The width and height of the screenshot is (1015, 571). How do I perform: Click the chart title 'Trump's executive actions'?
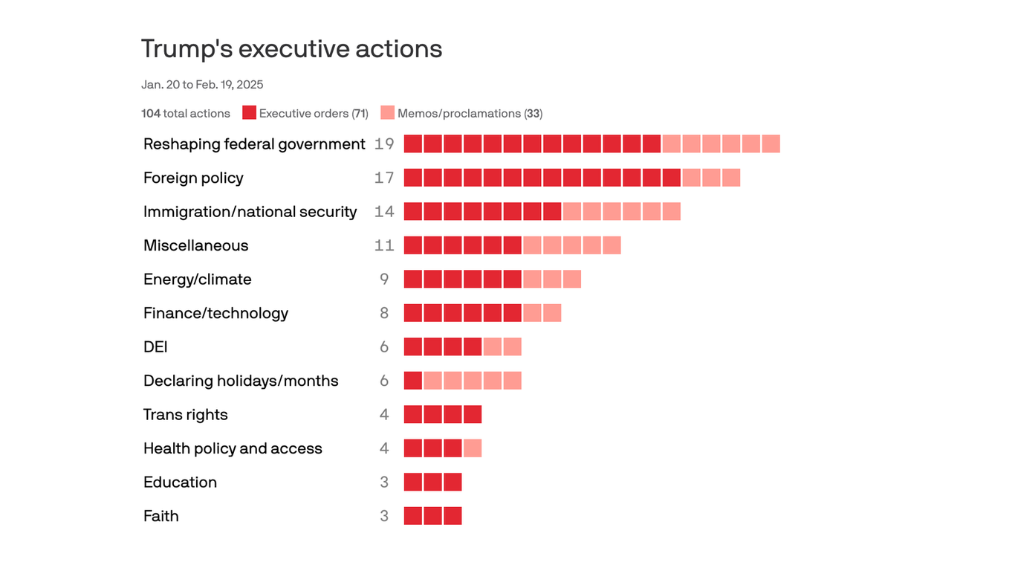click(291, 49)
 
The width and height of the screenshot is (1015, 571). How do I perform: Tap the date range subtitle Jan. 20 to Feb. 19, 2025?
click(202, 85)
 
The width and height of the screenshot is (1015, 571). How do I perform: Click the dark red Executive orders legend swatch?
click(249, 113)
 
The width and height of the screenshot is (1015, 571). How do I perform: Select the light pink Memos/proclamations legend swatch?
click(387, 113)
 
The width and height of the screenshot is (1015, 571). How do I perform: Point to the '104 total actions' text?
click(186, 114)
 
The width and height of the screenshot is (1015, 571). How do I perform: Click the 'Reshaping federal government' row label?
click(254, 144)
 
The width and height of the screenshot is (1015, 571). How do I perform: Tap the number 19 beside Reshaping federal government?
click(384, 144)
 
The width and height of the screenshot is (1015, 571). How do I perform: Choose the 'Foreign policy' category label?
click(193, 178)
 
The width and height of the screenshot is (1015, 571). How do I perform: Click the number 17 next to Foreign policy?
click(384, 178)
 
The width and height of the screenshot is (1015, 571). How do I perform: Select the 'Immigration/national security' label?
click(250, 212)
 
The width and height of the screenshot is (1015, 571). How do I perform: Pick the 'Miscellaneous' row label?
click(195, 245)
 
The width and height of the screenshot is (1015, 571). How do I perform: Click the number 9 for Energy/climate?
click(384, 280)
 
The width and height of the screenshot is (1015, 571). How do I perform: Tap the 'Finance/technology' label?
click(215, 313)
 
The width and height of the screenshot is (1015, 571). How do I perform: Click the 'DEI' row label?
click(155, 347)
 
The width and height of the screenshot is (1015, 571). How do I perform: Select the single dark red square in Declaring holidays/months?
click(413, 381)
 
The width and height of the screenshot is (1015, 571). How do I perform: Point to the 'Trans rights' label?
click(185, 415)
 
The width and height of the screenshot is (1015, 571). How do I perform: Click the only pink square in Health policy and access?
click(473, 448)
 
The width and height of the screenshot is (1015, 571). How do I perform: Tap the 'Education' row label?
click(180, 483)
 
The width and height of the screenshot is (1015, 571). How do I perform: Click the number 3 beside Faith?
click(384, 516)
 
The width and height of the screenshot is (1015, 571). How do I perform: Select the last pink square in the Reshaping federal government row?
click(771, 144)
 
